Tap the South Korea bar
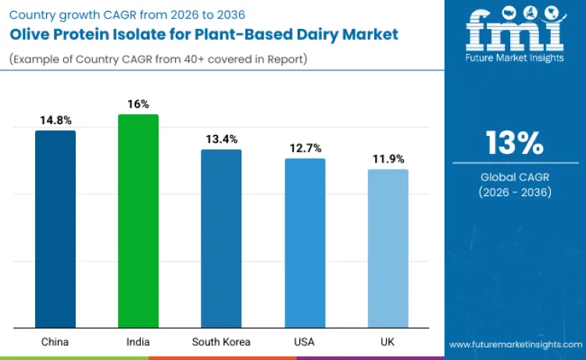click(221, 238)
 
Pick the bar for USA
click(305, 243)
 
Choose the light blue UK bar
click(388, 248)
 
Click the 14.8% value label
click(55, 121)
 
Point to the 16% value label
click(138, 105)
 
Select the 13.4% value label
click(221, 139)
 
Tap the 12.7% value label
click(305, 148)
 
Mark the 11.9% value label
click(388, 159)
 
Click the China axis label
click(55, 341)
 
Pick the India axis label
click(138, 341)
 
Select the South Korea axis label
click(221, 341)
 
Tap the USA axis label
click(305, 341)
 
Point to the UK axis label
click(388, 341)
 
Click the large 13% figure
click(514, 144)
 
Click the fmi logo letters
click(514, 31)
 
